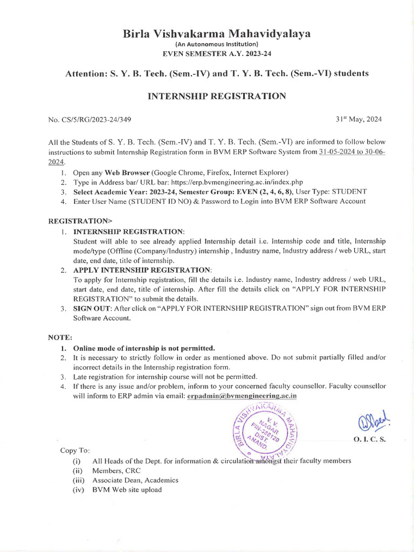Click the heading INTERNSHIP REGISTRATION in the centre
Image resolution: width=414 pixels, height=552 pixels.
[217, 96]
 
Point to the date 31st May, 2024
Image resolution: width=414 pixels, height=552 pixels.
[358, 119]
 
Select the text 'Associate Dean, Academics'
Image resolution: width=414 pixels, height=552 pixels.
[135, 480]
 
